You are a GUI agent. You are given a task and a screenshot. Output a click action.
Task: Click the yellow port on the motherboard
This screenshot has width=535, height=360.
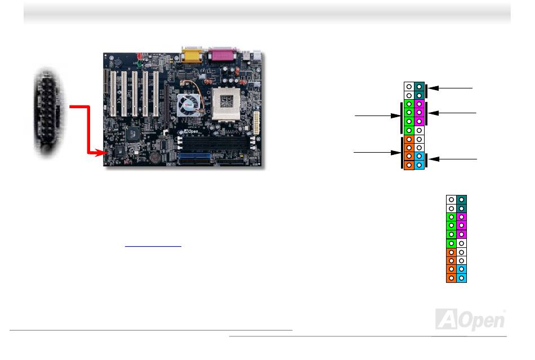190,56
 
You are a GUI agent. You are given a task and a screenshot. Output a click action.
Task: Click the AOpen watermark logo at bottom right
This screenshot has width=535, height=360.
470,319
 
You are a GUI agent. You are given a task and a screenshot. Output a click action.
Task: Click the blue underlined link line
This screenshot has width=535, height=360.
153,246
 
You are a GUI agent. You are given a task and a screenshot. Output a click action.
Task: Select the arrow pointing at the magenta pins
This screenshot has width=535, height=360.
456,114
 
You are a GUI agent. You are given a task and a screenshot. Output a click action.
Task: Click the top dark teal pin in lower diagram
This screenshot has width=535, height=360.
461,199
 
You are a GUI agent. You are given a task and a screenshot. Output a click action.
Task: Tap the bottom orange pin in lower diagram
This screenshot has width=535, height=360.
451,278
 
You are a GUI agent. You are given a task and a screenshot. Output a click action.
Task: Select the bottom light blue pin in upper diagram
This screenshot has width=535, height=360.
419,165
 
